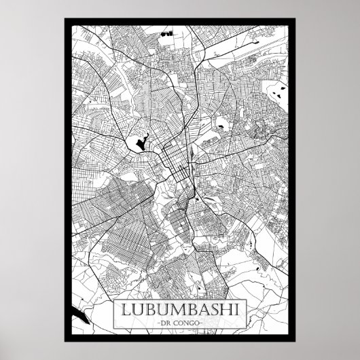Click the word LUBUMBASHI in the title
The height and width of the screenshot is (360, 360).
tap(180, 311)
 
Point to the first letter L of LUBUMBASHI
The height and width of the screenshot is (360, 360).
tap(127, 311)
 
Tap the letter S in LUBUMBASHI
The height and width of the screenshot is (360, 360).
tap(212, 311)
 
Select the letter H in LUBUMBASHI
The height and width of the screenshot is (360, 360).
tap(223, 311)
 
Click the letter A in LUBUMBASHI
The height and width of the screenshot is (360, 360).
tap(201, 311)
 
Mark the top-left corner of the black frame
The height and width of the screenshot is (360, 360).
tap(65, 18)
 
